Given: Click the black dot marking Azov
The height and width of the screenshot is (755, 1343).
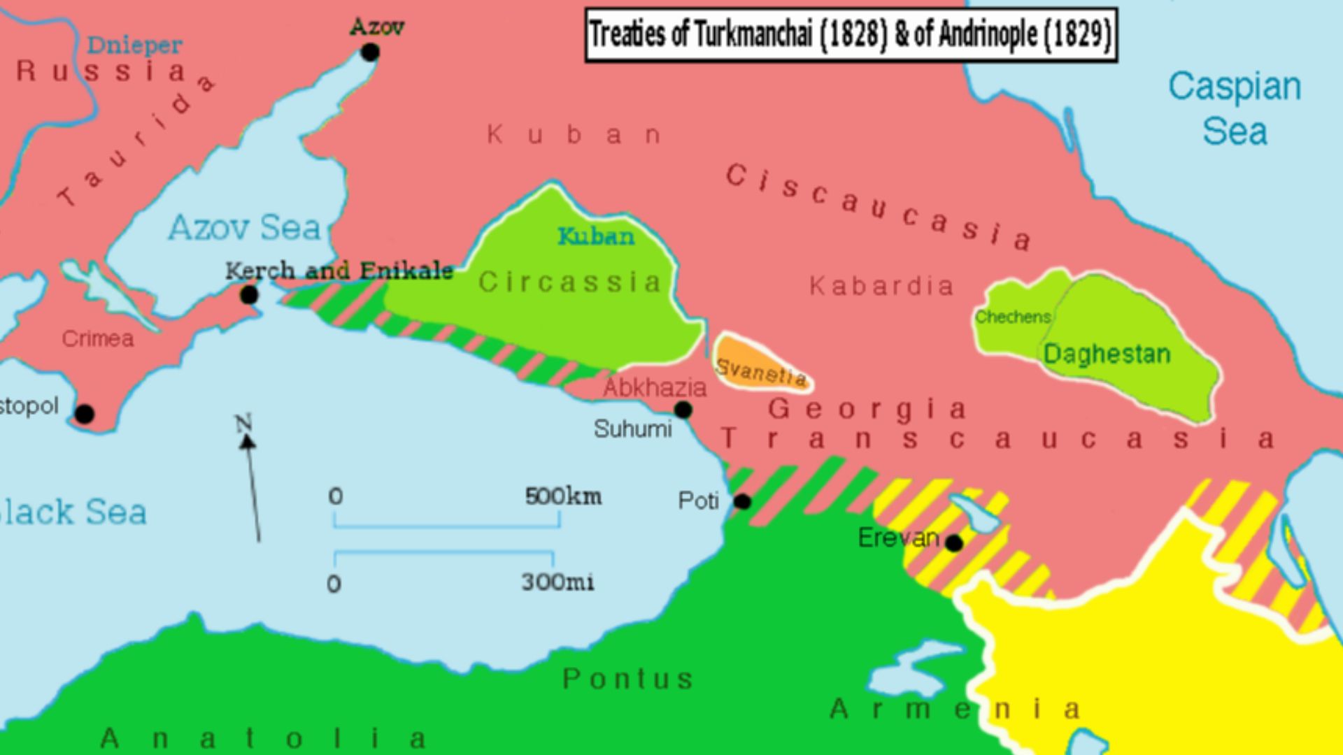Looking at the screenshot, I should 370,52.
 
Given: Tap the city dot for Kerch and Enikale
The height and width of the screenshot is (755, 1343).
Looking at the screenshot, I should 249,295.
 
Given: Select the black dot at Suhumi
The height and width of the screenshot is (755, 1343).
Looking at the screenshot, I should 683,410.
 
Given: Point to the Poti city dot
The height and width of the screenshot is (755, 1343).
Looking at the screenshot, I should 742,501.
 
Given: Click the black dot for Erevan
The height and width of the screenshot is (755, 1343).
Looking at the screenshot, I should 953,542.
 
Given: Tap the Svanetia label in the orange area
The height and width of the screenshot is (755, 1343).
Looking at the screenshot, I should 761,372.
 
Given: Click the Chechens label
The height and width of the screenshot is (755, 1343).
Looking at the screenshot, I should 1013,317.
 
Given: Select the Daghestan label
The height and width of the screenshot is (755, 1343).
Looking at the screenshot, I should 1107,354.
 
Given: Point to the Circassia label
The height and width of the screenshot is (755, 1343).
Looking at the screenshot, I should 570,282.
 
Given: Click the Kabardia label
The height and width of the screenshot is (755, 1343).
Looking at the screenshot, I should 881,286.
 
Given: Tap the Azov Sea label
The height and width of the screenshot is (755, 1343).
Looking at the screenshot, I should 244,228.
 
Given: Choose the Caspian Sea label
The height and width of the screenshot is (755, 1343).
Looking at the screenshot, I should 1235,109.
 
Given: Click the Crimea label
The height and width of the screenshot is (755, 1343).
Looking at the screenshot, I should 97,339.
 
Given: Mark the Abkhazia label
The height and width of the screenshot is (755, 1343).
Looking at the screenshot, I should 655,387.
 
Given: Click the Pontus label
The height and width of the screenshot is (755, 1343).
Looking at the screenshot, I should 627,679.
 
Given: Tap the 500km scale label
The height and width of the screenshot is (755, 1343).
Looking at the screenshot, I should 563,496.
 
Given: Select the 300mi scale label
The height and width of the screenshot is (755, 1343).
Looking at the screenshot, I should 557,582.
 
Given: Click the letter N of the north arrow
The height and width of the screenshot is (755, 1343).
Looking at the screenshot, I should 243,423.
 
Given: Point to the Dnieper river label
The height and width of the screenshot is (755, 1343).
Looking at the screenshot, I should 134,45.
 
